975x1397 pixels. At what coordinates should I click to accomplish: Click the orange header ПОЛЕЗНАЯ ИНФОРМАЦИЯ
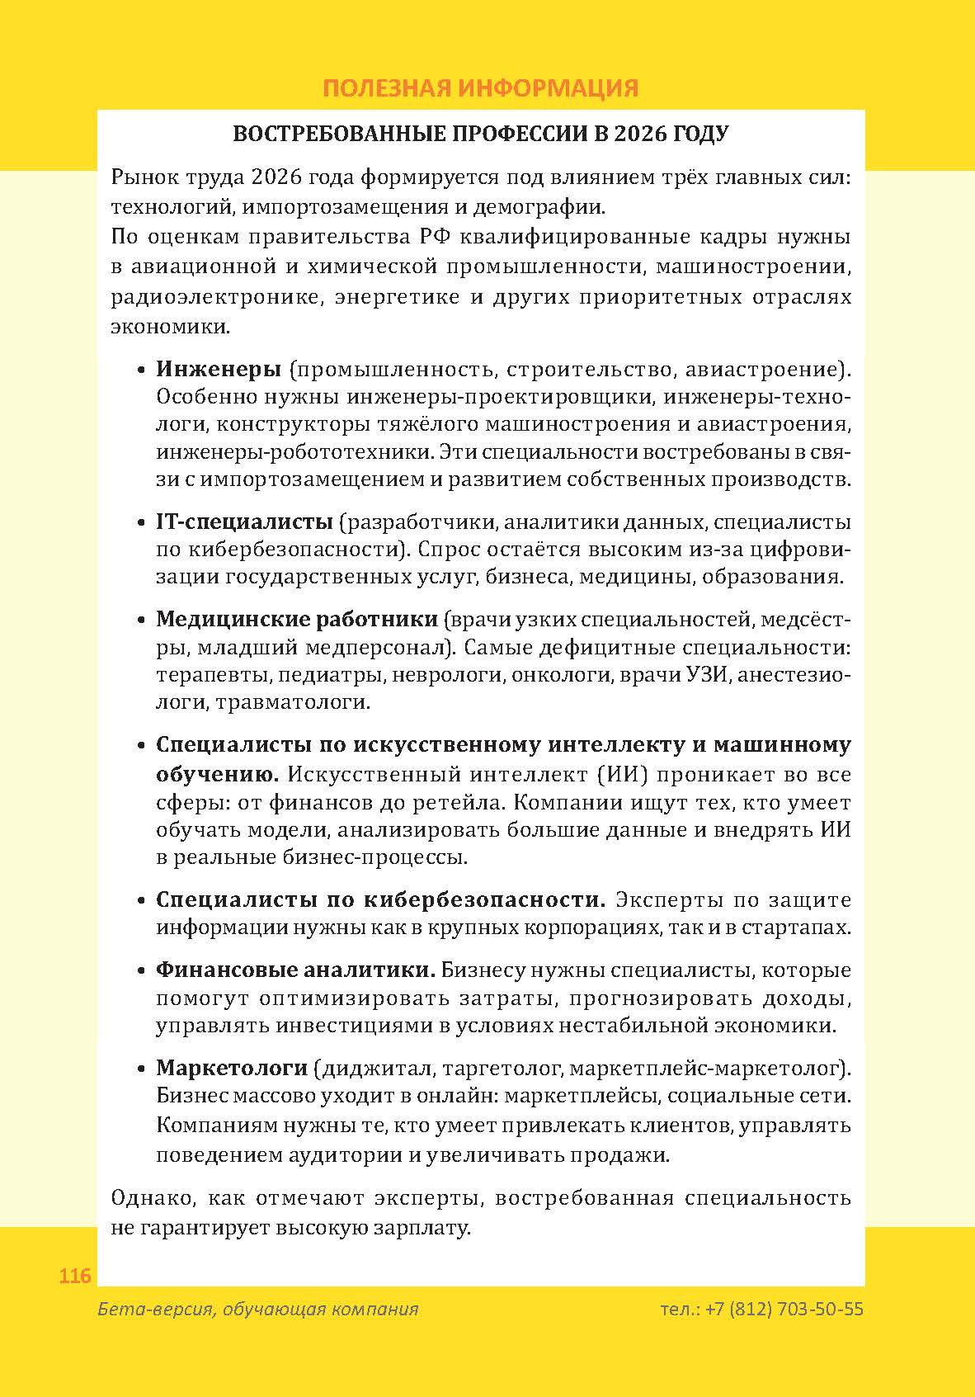[480, 88]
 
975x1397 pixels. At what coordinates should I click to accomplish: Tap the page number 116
[75, 1277]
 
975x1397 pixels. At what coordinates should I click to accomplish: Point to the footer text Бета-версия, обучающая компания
[257, 1310]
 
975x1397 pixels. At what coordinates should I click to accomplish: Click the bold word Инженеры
[219, 369]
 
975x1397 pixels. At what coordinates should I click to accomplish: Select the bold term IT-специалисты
[244, 522]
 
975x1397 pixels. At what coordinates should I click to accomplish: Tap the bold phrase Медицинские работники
[297, 620]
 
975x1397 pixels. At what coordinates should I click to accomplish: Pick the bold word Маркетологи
[232, 1069]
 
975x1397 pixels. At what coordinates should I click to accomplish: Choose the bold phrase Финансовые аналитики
[295, 970]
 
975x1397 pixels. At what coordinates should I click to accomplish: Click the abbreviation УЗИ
[708, 675]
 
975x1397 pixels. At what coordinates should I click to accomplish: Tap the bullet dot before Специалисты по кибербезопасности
[141, 901]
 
